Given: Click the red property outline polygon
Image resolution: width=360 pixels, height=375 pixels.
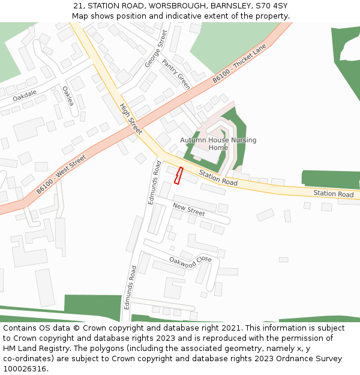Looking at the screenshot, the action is tap(178, 175).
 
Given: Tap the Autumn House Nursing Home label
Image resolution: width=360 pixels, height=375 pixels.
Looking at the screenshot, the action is tap(218, 144).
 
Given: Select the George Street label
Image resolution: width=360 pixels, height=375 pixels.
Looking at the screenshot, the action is tap(155, 49).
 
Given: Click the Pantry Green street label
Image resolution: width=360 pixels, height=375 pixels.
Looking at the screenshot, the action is tap(176, 74).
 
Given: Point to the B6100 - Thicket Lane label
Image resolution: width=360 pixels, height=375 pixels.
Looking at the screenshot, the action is tap(239, 66).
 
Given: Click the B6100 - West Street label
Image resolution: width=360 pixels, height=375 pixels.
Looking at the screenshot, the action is tap(61, 174).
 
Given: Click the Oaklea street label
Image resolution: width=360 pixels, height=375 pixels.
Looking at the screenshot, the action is tap(68, 96).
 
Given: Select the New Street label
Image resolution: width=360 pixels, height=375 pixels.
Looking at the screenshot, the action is tap(188, 209).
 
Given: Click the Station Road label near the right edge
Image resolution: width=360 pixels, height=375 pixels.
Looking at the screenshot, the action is tap(333, 194).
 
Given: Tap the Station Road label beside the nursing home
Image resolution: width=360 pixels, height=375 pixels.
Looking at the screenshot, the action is tap(218, 177).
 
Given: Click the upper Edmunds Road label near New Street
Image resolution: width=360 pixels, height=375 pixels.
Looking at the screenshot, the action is tap(154, 182).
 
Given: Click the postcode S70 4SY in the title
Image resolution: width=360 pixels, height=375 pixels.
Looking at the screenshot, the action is tap(274, 6).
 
